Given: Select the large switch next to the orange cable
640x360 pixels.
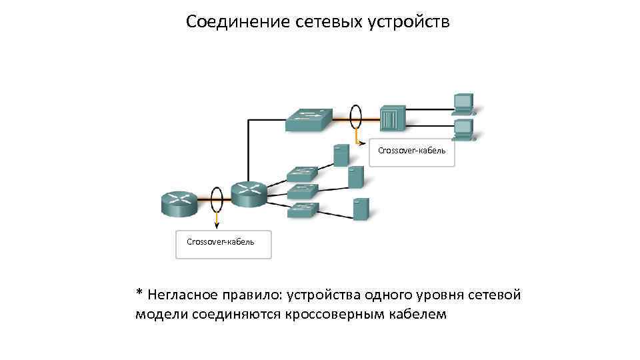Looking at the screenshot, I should coord(308,121).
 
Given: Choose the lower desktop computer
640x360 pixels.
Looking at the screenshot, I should coord(463,129).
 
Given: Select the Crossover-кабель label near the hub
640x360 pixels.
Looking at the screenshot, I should coord(411,151).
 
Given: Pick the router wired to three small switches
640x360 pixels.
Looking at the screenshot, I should coord(249,193).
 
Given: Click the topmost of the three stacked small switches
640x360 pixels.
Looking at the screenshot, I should coord(303,174).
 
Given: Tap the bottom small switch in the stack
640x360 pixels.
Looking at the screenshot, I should coord(303,211).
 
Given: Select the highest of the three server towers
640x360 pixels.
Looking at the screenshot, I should coord(341,155).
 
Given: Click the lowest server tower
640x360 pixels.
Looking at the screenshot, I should coord(361,209).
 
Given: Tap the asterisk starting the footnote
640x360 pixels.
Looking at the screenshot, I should coord(139,293).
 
